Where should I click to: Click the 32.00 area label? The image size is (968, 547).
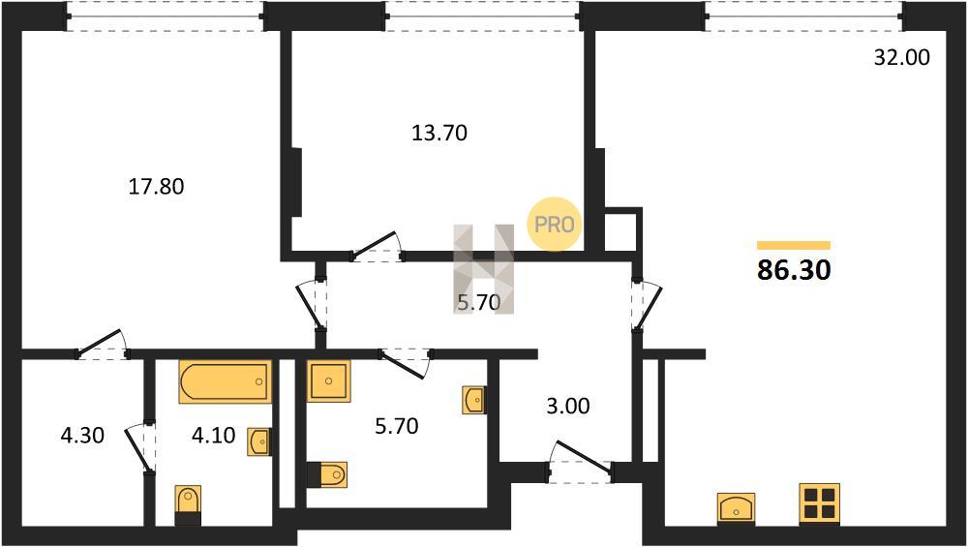[x=902, y=57]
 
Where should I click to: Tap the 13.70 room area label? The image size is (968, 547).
[x=439, y=133]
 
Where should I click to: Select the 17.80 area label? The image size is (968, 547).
[x=156, y=187]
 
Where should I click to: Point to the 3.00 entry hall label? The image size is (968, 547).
[x=568, y=406]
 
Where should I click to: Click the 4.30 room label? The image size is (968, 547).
[x=82, y=436]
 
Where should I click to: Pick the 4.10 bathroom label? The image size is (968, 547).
[x=214, y=436]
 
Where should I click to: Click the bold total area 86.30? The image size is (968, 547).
[x=794, y=270]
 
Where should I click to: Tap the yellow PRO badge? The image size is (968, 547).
[x=554, y=225]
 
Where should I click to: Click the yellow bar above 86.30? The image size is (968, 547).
[x=794, y=245]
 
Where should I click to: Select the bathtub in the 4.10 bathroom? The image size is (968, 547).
[x=226, y=381]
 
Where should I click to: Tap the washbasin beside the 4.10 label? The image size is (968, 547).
[x=259, y=441]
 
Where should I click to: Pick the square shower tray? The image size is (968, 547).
[x=328, y=380]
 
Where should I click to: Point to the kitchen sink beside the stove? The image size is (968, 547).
[x=737, y=508]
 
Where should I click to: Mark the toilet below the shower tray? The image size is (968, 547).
[x=327, y=474]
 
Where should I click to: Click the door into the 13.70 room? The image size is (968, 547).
[x=377, y=247]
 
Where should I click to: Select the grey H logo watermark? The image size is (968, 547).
[x=483, y=268]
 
